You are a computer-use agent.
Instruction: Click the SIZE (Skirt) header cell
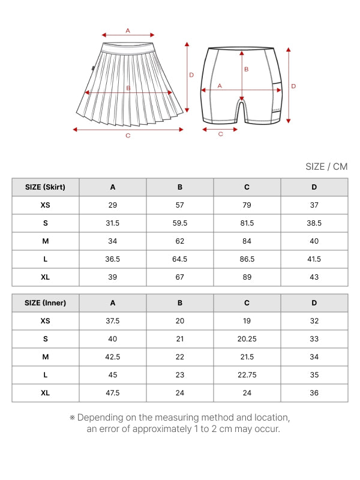coord(46,187)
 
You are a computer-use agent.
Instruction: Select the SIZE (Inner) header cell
coord(46,303)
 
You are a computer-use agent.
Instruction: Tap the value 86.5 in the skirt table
coord(247,259)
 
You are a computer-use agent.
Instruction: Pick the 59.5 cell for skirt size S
coord(180,223)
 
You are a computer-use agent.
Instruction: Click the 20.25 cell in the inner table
coord(247,339)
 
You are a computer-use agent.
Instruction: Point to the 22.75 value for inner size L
coord(247,375)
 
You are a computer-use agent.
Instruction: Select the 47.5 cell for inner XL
coord(113,393)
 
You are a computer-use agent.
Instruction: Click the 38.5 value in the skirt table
coord(314,223)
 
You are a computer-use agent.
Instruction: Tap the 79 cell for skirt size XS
coord(247,205)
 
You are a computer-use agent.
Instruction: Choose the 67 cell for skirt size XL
coord(180,277)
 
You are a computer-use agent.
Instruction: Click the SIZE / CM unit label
coord(326,167)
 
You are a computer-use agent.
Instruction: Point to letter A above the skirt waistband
coord(128,30)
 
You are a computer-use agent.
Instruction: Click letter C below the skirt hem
coord(128,136)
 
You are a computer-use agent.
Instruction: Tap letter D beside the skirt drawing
coord(191,75)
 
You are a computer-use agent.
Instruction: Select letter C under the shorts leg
coord(220,134)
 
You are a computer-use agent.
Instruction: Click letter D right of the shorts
coord(293,86)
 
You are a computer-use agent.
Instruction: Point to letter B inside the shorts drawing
coord(246,70)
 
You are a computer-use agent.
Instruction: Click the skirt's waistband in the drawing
coord(129,48)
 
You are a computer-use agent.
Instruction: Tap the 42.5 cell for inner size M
coord(113,357)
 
